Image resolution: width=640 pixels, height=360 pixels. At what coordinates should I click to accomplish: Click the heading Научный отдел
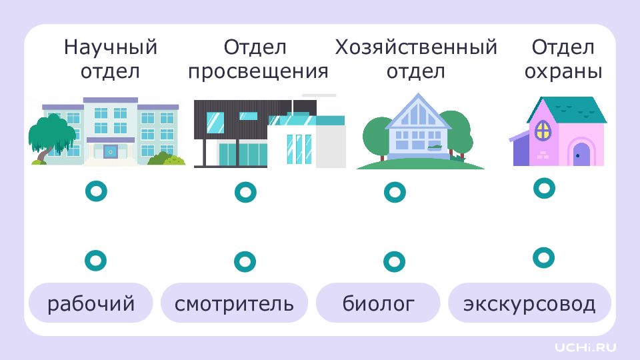click(x=111, y=59)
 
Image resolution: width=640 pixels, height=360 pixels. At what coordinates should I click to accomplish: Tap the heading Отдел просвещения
click(x=258, y=59)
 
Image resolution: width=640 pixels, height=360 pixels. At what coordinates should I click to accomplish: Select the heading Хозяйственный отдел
click(x=416, y=59)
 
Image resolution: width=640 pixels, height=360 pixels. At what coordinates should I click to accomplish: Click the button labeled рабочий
click(x=91, y=304)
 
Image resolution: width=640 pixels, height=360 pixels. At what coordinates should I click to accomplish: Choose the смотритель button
click(x=234, y=304)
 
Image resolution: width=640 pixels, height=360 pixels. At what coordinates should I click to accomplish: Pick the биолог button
click(x=379, y=304)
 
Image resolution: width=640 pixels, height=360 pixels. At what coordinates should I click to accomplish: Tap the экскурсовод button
click(x=529, y=304)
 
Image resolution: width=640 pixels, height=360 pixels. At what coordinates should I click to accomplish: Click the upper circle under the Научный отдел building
click(x=96, y=192)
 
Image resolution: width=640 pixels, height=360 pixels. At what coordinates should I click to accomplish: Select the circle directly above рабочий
click(x=96, y=260)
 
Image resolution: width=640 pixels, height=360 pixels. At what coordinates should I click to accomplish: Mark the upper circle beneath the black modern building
click(x=245, y=193)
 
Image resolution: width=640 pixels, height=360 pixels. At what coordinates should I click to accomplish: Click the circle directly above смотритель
click(x=245, y=261)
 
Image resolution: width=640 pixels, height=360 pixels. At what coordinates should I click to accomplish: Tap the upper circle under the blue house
click(x=395, y=193)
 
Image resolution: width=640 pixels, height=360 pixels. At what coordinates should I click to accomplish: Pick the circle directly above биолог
click(x=395, y=261)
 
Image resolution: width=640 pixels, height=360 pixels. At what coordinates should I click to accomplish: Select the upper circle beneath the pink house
click(x=544, y=188)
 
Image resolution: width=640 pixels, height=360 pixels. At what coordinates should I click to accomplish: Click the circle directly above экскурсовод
click(x=544, y=257)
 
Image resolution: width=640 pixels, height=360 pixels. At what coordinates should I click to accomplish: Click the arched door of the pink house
click(x=582, y=155)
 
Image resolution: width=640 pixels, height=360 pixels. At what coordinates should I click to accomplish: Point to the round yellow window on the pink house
click(x=544, y=129)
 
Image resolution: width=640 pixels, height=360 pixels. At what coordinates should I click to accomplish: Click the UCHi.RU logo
click(x=586, y=347)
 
